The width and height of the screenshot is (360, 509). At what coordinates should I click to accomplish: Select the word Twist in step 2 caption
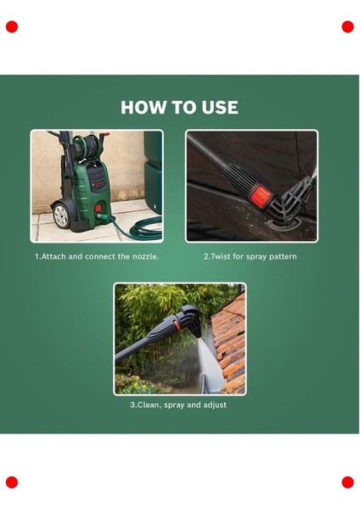tap(221, 256)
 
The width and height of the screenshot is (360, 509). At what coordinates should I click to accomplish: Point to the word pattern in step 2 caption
tap(283, 257)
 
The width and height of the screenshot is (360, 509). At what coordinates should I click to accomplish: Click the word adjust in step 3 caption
tap(215, 406)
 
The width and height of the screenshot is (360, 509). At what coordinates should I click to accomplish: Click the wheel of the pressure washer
tap(61, 215)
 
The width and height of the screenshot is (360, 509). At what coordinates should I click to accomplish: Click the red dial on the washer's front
tap(98, 208)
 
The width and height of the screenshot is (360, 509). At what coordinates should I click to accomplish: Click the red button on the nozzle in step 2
tap(262, 195)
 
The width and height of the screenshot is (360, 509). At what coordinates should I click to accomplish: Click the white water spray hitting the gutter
tap(207, 364)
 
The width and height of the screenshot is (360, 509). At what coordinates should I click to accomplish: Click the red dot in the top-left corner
tap(12, 27)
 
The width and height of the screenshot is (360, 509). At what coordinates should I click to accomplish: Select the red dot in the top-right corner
tap(347, 27)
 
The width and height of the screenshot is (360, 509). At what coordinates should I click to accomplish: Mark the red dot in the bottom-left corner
tap(12, 483)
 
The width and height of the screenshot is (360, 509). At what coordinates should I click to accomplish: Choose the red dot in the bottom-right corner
tap(347, 483)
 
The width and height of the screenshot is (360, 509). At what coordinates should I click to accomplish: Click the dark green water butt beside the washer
tap(153, 172)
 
